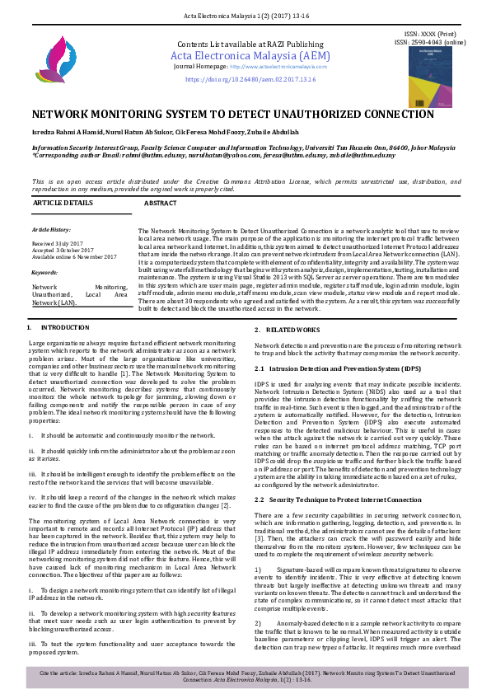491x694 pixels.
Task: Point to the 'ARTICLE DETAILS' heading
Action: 63,202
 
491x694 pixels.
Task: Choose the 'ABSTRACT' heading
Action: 161,202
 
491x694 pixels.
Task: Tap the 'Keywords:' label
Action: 45,271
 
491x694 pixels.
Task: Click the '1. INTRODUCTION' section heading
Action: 58,329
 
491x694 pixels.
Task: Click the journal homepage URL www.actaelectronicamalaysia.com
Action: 273,66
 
